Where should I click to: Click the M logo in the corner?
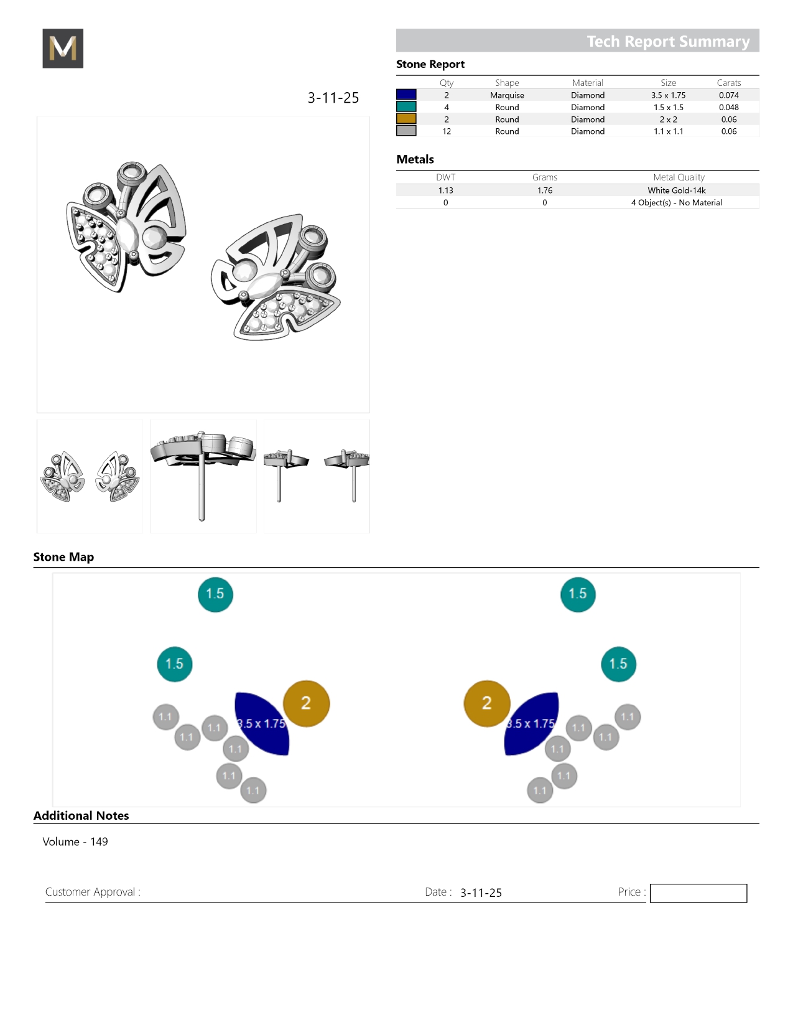pyautogui.click(x=63, y=49)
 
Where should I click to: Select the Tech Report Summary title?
pyautogui.click(x=668, y=41)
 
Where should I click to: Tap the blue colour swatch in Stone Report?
pyautogui.click(x=406, y=95)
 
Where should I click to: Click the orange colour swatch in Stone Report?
pyautogui.click(x=406, y=119)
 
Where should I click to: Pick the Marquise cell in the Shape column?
pyautogui.click(x=507, y=95)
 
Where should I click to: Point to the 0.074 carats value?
pyautogui.click(x=728, y=95)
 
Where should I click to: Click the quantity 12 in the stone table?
pyautogui.click(x=447, y=131)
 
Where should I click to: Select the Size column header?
pyautogui.click(x=668, y=83)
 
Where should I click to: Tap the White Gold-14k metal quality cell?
pyautogui.click(x=676, y=190)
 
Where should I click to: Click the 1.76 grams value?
pyautogui.click(x=544, y=190)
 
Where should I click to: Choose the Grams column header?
pyautogui.click(x=544, y=177)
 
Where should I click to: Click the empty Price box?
pyautogui.click(x=698, y=893)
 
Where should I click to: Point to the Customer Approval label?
pyautogui.click(x=93, y=892)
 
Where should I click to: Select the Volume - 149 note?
pyautogui.click(x=75, y=842)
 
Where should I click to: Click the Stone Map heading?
pyautogui.click(x=63, y=557)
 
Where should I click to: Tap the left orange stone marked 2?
pyautogui.click(x=306, y=703)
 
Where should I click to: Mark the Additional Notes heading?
pyautogui.click(x=81, y=815)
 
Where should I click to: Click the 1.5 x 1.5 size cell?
pyautogui.click(x=668, y=107)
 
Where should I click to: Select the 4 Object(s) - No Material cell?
pyautogui.click(x=676, y=203)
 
